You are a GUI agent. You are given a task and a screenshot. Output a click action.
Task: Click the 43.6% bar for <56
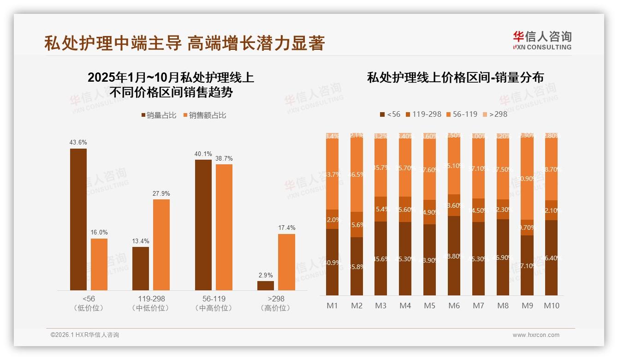click(x=78, y=219)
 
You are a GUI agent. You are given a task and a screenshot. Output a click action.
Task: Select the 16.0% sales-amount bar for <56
click(x=99, y=264)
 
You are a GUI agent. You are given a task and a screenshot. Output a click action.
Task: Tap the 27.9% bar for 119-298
click(x=161, y=245)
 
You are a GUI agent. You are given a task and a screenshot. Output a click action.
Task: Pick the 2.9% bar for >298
click(x=266, y=286)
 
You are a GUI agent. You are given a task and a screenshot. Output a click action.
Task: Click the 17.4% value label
click(x=286, y=228)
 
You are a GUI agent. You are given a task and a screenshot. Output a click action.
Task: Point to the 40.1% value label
click(x=203, y=154)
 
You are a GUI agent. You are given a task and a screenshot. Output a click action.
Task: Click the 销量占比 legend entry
click(x=158, y=115)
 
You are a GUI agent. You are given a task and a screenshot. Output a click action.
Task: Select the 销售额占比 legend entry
click(x=204, y=115)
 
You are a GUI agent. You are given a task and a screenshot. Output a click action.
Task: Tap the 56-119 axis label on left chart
click(x=214, y=299)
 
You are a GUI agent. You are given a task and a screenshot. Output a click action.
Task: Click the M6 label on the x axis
click(x=454, y=306)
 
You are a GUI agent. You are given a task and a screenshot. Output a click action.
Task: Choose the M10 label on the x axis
click(x=552, y=306)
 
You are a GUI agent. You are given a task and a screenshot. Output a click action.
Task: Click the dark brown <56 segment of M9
click(x=527, y=265)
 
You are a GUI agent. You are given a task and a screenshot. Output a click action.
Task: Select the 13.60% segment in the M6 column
click(x=454, y=205)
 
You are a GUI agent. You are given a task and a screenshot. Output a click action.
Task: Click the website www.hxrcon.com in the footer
click(x=536, y=335)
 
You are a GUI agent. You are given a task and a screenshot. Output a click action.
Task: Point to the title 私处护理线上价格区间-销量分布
click(x=455, y=77)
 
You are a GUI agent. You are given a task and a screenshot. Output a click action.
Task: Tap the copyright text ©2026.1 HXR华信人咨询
click(x=85, y=335)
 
